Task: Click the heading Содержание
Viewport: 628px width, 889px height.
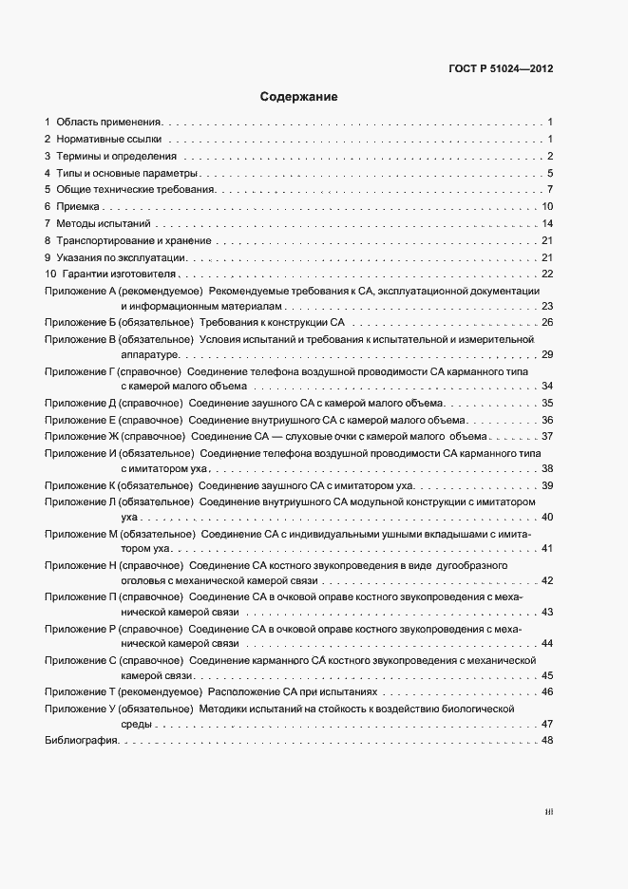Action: point(298,97)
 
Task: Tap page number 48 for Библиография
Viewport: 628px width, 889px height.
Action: point(546,741)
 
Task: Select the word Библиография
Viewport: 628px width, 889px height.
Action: point(81,741)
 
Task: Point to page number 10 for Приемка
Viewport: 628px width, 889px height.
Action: point(547,206)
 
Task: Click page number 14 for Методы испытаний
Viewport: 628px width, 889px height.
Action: point(547,223)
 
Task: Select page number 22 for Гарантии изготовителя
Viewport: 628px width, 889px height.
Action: point(547,274)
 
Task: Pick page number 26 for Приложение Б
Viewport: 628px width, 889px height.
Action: point(547,324)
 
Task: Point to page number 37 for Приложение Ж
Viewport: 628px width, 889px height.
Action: point(547,436)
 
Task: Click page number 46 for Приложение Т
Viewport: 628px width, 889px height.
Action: point(547,691)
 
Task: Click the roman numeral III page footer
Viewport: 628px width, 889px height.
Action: point(548,812)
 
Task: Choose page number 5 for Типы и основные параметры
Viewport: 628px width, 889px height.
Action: point(550,173)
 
